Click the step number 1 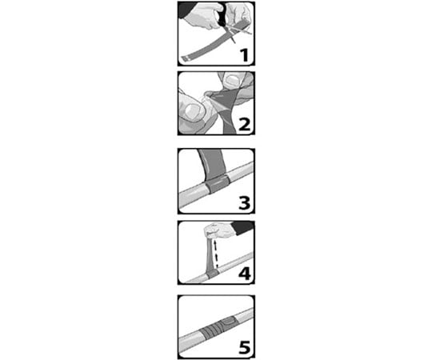pos(244,55)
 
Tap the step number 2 pos(244,125)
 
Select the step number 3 pos(244,203)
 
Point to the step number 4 pos(245,274)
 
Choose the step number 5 pos(244,347)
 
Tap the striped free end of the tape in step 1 pos(186,58)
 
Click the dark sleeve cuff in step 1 pos(185,10)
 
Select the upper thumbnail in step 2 pos(233,80)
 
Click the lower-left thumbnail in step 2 pos(193,110)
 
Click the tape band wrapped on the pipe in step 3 pos(218,184)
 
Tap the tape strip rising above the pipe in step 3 pos(213,163)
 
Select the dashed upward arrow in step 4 pos(216,254)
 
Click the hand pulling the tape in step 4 pos(219,231)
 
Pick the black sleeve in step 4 pos(242,228)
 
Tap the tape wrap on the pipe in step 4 pos(213,274)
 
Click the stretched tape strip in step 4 pos(210,253)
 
